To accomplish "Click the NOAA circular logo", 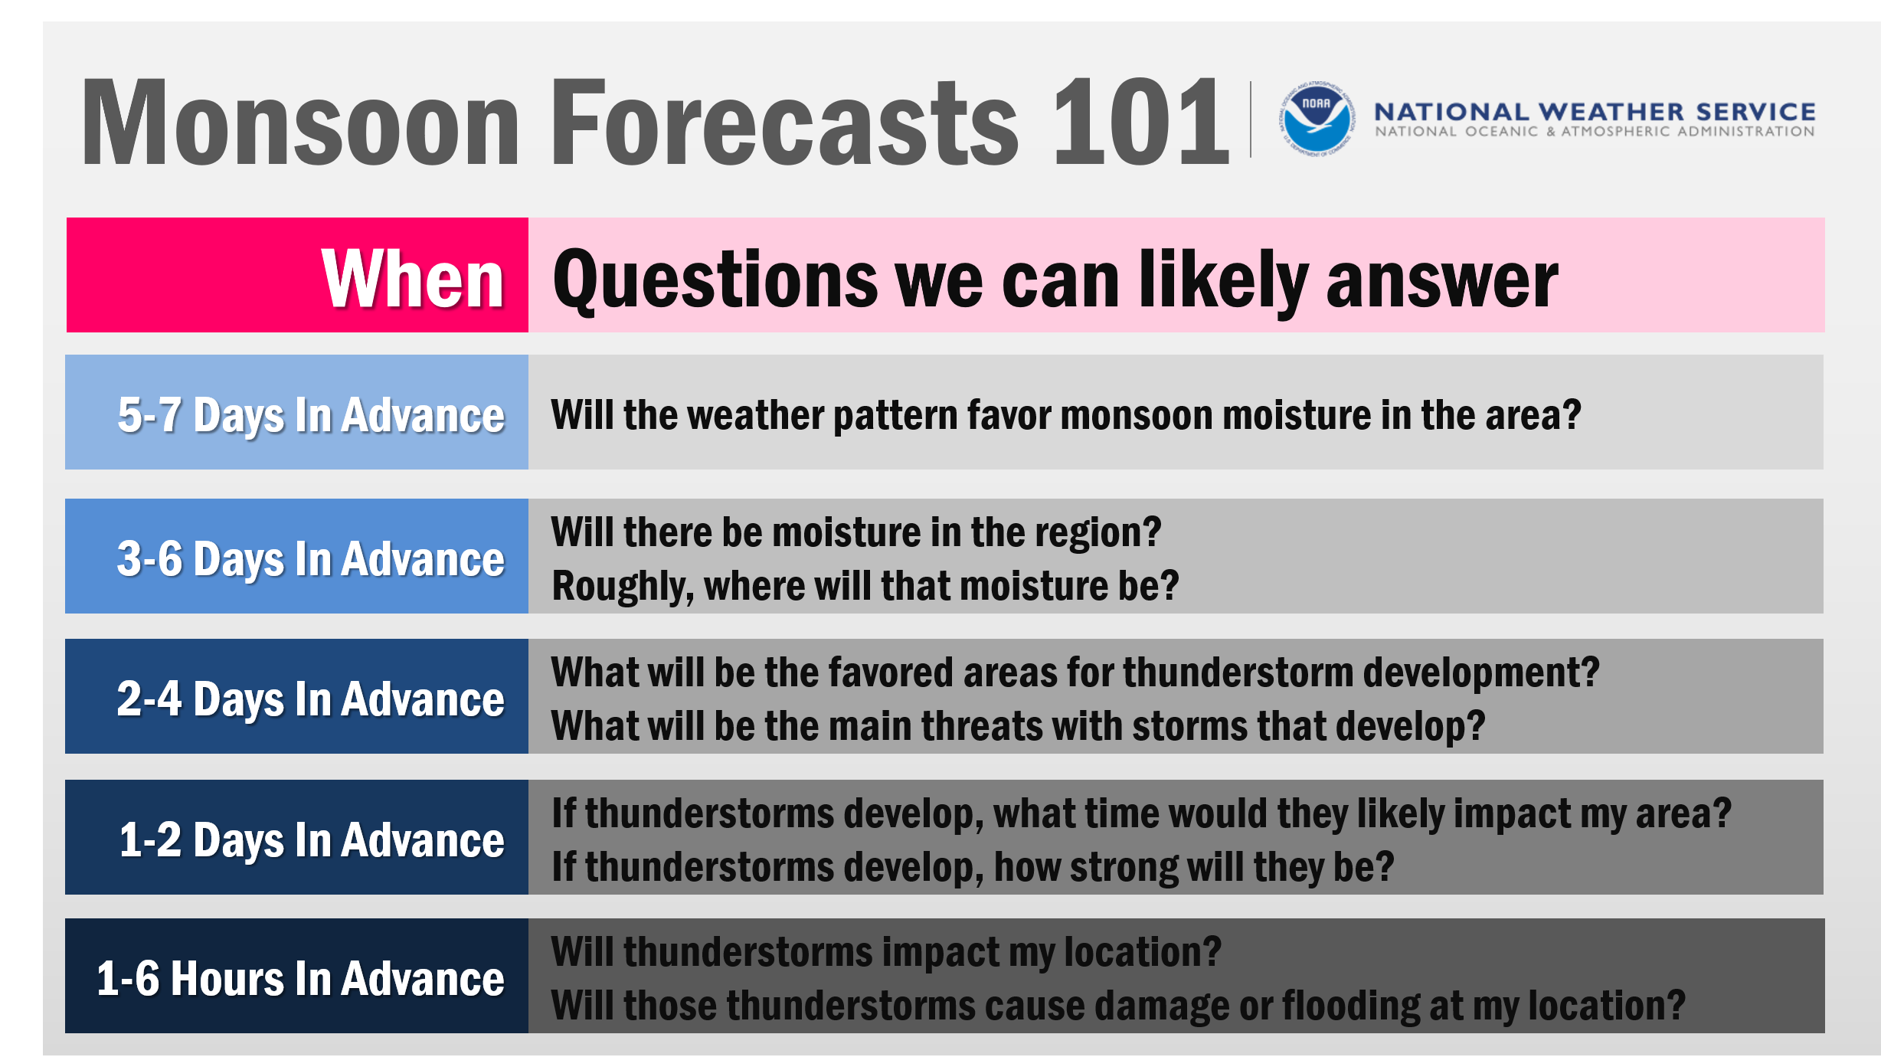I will click(1317, 119).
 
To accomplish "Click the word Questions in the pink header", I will click(715, 280).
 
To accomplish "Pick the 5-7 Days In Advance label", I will click(310, 415).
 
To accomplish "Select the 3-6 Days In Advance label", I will click(310, 558).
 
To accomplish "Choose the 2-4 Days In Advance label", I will click(310, 699).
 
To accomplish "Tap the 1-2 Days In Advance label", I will click(310, 839).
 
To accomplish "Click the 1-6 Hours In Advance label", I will click(300, 979).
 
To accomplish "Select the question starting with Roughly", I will click(865, 586).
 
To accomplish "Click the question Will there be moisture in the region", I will click(855, 532).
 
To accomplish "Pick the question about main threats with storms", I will click(1018, 726).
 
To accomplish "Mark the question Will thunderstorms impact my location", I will click(885, 952).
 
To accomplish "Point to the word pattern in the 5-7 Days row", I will click(894, 416).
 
